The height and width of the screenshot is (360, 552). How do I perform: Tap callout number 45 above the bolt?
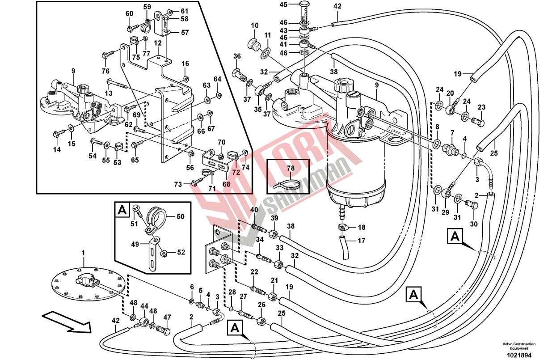(283, 4)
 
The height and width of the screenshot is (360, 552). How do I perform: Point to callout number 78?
(291, 168)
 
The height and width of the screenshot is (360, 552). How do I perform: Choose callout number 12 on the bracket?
(158, 43)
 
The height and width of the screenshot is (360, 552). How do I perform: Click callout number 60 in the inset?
(129, 13)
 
